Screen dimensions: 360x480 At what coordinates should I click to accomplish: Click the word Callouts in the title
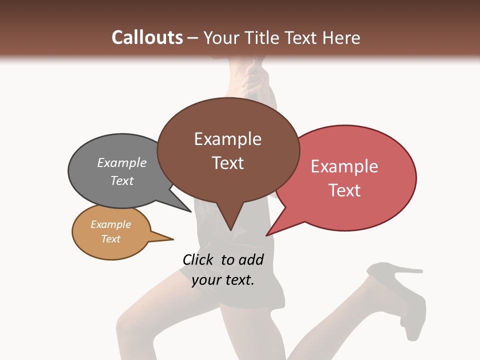[x=147, y=37]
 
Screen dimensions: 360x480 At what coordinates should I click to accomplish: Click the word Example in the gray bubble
[x=122, y=162]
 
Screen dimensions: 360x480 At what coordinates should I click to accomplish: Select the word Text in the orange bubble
[x=111, y=239]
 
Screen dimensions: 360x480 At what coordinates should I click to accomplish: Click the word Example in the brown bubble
[x=228, y=139]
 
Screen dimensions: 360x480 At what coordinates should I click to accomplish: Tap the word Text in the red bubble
[x=344, y=190]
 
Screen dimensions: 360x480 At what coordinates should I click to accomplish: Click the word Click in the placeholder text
[x=199, y=259]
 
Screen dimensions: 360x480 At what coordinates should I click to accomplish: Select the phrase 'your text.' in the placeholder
[x=223, y=280]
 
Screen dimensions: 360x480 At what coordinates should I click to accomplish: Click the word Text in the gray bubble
[x=122, y=180]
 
